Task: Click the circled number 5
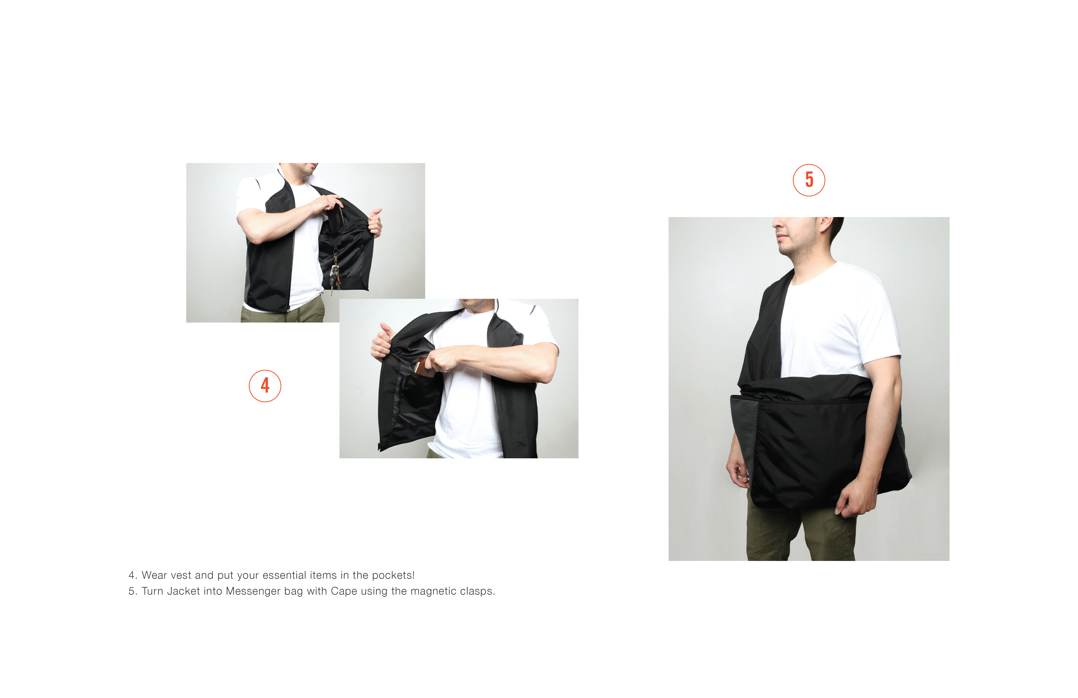point(809,180)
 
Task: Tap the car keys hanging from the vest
point(335,276)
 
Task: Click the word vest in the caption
point(181,576)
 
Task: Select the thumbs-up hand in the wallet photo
point(381,340)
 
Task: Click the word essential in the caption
point(284,576)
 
